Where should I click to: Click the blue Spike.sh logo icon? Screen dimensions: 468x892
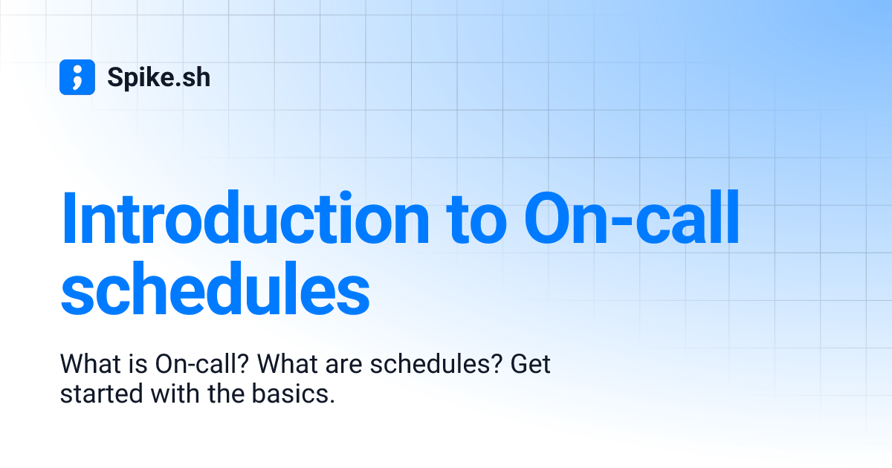tap(77, 77)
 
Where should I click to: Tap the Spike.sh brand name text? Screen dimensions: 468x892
tap(158, 77)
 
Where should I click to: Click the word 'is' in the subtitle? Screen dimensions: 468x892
tap(140, 365)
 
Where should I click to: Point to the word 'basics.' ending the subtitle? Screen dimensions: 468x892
tap(295, 394)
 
